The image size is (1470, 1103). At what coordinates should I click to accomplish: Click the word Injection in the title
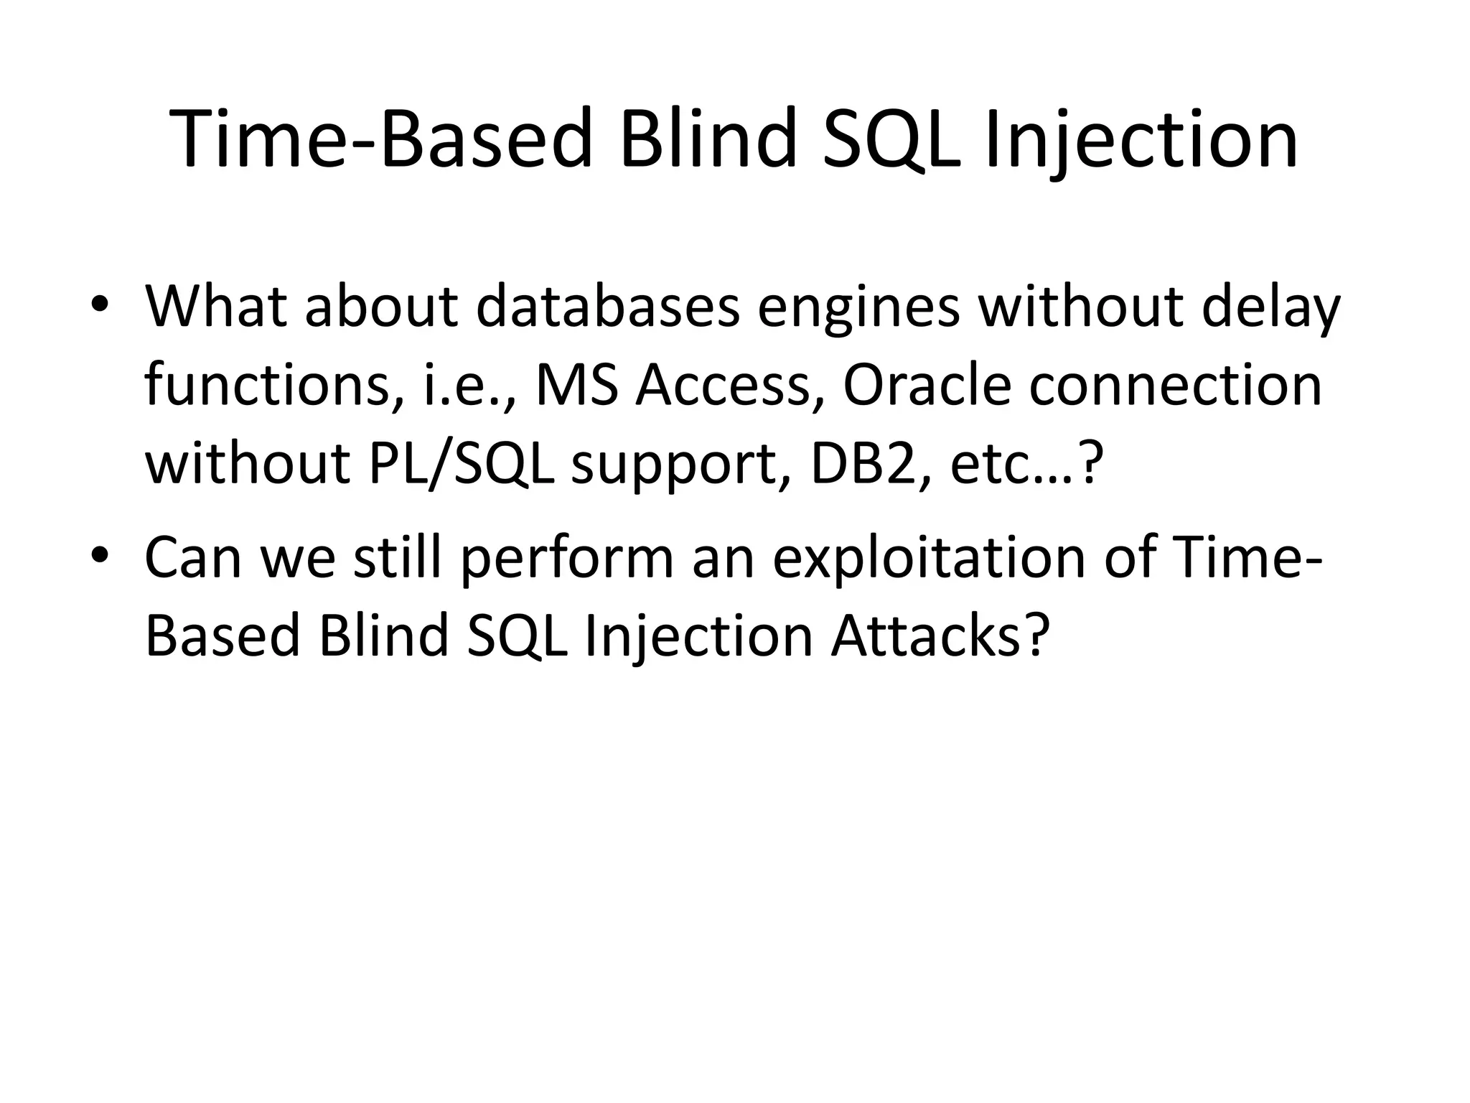(1141, 140)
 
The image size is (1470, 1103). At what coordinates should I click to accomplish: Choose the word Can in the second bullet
(193, 558)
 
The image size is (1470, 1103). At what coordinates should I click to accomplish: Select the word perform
(567, 558)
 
